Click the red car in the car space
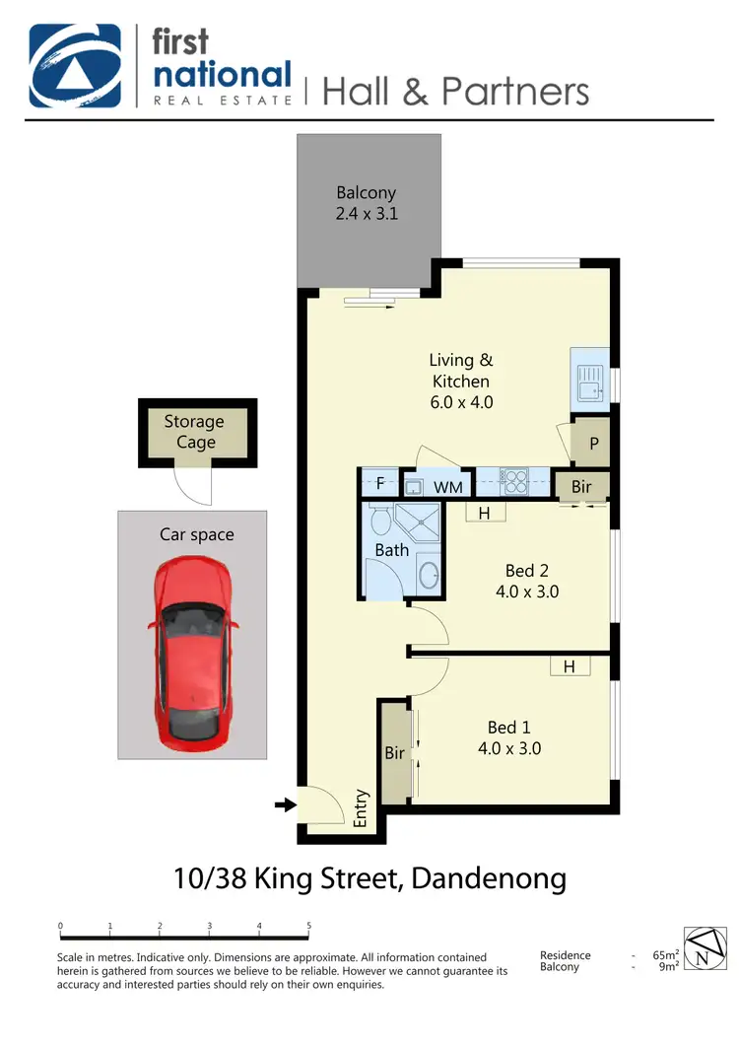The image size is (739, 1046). pos(192,656)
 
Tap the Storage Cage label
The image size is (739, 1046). pos(194,432)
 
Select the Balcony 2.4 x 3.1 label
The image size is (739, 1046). pos(367,202)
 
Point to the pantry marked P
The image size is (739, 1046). pos(594,444)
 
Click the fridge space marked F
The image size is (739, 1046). pos(379,485)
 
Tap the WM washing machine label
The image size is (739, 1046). pos(448,487)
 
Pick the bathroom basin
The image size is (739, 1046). pos(430,573)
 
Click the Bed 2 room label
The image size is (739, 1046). pos(526,581)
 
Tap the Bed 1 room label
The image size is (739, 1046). pos(508,737)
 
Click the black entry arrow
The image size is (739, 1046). pos(285,805)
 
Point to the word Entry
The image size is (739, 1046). pos(361,807)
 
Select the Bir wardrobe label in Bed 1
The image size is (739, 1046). pos(395,753)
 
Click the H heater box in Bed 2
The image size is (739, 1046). pos(484,513)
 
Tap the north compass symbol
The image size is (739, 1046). pos(702,948)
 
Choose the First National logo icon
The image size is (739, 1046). pos(75,66)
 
